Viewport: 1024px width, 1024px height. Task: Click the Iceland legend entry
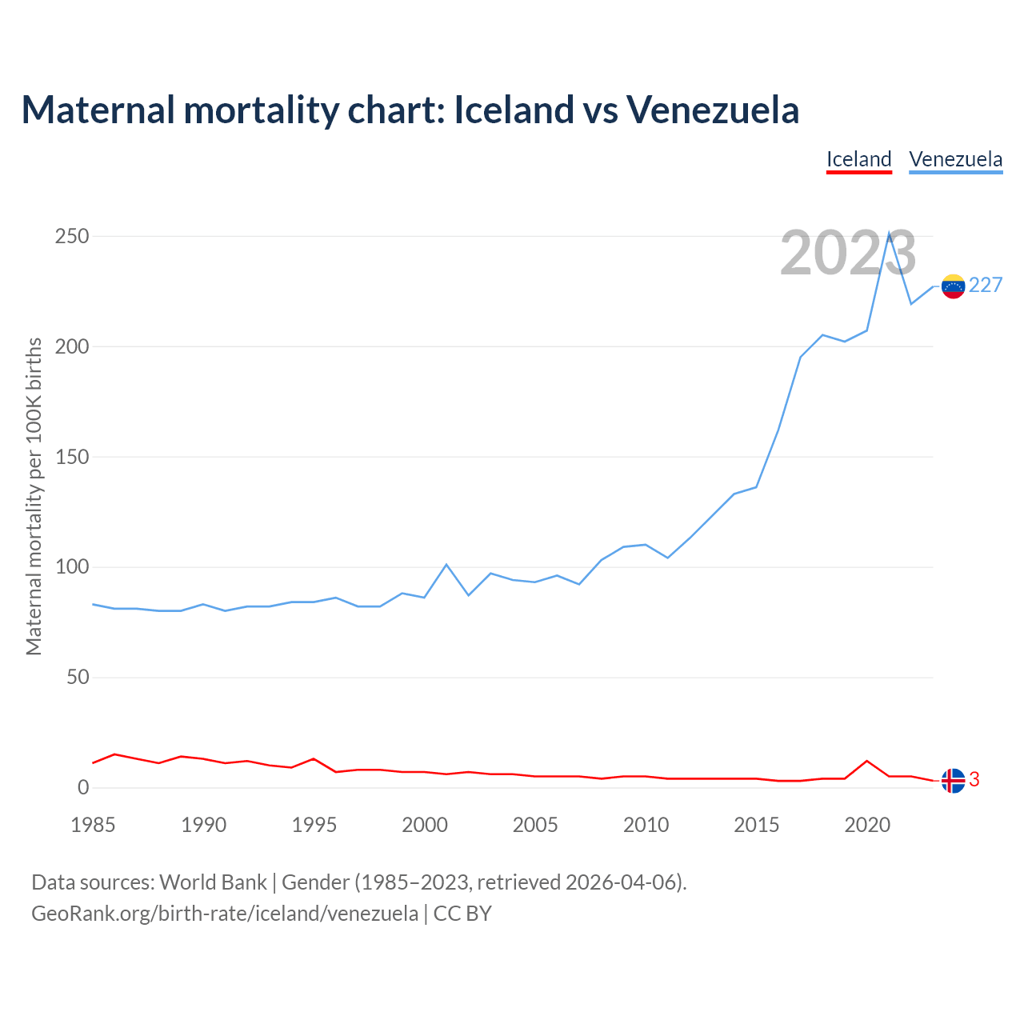(x=858, y=159)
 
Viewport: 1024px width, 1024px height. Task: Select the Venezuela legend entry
(x=955, y=159)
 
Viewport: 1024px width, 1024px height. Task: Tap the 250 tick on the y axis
(x=72, y=237)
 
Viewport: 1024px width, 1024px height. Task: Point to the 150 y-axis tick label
(x=72, y=458)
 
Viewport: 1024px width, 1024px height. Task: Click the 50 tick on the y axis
(x=78, y=678)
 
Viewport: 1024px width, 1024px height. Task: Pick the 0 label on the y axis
(x=83, y=788)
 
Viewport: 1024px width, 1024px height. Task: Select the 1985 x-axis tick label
(x=93, y=825)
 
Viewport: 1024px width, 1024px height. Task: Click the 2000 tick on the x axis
(x=425, y=825)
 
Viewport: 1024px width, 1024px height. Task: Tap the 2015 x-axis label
(x=756, y=825)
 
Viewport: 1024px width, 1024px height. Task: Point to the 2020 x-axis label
(x=867, y=825)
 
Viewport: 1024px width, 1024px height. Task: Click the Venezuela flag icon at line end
(x=953, y=286)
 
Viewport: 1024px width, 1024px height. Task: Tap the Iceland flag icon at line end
(x=953, y=780)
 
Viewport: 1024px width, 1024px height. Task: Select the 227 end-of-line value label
(x=986, y=286)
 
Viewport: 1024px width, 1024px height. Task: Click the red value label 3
(x=974, y=779)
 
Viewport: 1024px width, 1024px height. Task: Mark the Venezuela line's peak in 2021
(x=889, y=233)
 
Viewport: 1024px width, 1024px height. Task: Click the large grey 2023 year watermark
(x=848, y=254)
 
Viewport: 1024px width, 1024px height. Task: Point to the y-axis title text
(x=34, y=496)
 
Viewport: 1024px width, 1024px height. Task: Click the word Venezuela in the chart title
(x=713, y=110)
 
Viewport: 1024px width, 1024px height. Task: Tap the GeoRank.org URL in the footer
(x=225, y=914)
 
